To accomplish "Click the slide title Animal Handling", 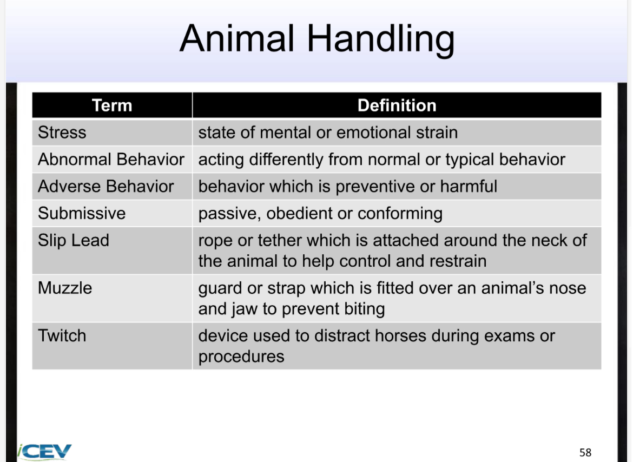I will pos(316,39).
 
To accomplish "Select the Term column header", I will pos(112,105).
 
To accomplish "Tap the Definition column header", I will pos(397,105).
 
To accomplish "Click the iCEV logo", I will pos(44,451).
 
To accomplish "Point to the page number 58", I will pos(585,452).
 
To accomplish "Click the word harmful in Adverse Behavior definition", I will pos(469,187).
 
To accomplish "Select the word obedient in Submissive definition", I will pos(300,213).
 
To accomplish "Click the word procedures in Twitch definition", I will pos(241,357).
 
